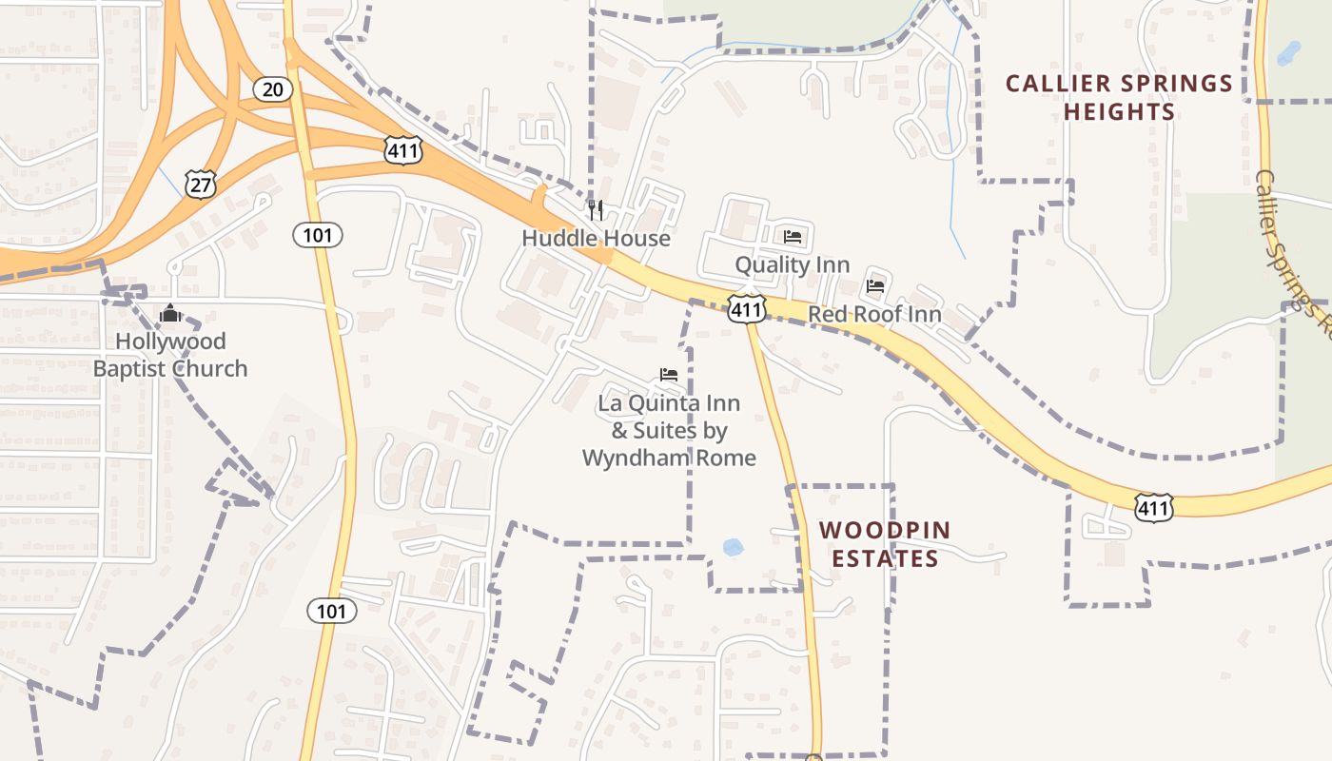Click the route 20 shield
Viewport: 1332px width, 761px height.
click(x=272, y=89)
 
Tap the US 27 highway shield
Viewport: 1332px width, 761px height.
click(x=201, y=184)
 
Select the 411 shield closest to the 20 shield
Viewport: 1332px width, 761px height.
click(x=403, y=149)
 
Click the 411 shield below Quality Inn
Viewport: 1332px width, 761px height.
click(x=747, y=308)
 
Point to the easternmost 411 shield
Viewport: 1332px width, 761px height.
click(x=1153, y=508)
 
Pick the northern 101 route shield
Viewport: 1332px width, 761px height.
click(x=317, y=234)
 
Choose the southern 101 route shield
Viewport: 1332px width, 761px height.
click(x=331, y=611)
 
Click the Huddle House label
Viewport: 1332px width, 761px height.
click(x=596, y=238)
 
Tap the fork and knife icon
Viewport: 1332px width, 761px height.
click(x=596, y=209)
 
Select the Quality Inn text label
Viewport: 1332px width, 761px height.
click(x=792, y=264)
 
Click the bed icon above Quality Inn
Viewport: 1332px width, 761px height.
click(x=793, y=237)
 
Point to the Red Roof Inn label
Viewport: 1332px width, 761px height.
click(x=874, y=314)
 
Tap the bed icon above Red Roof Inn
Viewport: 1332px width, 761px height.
click(x=875, y=284)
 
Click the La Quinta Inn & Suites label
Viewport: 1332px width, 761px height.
click(x=669, y=430)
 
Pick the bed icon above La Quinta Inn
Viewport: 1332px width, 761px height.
click(x=669, y=375)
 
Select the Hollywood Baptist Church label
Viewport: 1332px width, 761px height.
click(x=170, y=355)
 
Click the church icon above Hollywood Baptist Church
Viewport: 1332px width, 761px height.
click(x=170, y=312)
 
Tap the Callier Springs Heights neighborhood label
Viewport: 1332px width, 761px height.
click(x=1119, y=97)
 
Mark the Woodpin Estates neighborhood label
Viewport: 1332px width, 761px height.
click(x=885, y=544)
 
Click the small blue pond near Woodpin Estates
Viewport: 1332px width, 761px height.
click(x=733, y=547)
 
